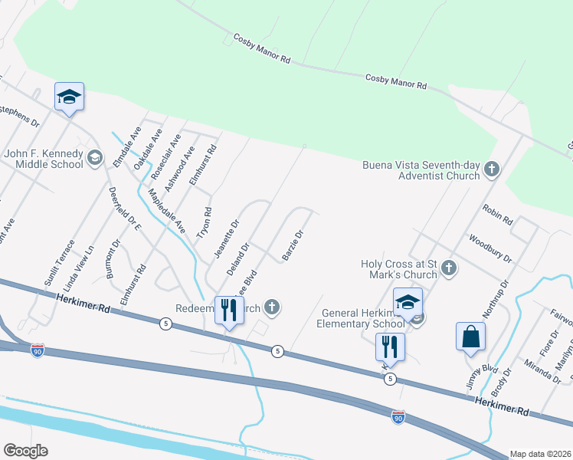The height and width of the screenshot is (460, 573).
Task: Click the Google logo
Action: point(25,451)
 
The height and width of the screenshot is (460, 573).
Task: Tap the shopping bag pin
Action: point(470,337)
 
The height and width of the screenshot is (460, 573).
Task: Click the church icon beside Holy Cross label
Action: point(449,268)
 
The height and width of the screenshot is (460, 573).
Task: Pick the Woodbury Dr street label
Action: point(490,248)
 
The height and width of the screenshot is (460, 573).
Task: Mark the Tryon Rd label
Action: point(205,222)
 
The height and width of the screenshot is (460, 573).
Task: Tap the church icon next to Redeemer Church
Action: point(270,308)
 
